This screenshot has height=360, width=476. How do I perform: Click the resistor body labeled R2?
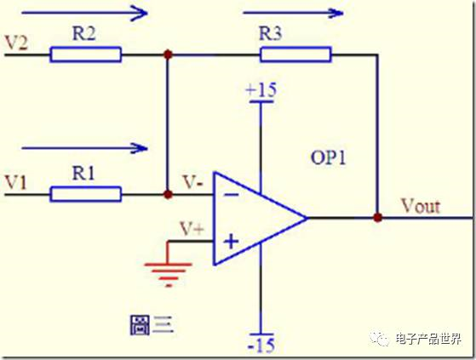[86, 54]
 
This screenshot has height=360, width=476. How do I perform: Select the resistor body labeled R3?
[295, 54]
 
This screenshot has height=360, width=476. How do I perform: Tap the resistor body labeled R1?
[86, 194]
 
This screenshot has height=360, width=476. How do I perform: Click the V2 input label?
[17, 43]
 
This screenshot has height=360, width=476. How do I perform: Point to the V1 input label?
[16, 182]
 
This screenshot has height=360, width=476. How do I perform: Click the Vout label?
[421, 206]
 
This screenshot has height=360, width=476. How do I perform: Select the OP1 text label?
[329, 157]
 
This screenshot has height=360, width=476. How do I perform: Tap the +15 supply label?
[261, 90]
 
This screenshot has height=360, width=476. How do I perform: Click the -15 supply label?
[261, 346]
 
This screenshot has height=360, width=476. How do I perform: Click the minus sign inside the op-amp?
[232, 195]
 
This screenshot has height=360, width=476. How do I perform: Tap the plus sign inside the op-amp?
[232, 242]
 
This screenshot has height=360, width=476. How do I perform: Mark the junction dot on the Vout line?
[377, 218]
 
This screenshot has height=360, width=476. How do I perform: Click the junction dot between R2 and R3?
[168, 54]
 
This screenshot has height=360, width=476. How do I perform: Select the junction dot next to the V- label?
[168, 194]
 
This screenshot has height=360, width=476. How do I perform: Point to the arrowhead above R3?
[336, 13]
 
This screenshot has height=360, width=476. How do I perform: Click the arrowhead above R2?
[140, 13]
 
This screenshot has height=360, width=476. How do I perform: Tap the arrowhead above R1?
[141, 148]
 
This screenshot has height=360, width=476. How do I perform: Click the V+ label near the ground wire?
[192, 229]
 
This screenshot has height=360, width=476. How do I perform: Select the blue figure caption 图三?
[152, 325]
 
